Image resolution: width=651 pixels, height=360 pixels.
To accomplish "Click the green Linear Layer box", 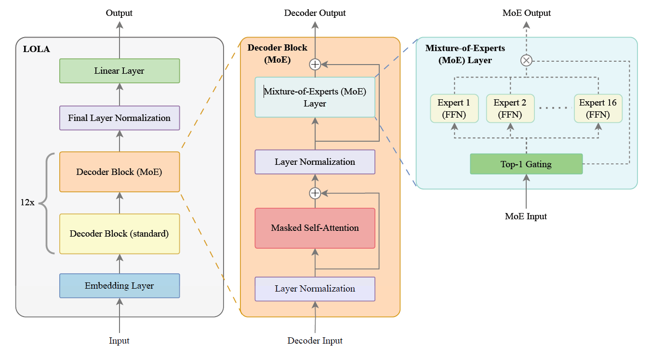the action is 120,71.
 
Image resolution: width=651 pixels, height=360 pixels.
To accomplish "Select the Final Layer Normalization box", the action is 120,118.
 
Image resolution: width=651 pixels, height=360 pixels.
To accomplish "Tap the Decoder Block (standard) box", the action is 120,234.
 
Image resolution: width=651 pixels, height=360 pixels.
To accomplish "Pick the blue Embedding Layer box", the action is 120,286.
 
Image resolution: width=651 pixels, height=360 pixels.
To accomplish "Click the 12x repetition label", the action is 27,202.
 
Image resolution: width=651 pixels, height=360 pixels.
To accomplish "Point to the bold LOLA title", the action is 36,49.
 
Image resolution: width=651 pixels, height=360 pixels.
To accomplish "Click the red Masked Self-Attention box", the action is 315,228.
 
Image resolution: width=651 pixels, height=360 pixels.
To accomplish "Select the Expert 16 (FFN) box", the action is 598,108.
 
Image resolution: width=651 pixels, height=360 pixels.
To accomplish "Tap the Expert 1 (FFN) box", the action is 454,108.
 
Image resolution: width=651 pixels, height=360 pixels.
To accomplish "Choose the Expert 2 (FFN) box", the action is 510,108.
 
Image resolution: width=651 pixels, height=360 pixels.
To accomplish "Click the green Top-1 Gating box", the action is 526,164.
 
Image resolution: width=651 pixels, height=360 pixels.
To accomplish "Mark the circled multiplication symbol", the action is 526,61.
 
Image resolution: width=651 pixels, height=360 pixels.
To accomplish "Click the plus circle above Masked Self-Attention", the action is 315,193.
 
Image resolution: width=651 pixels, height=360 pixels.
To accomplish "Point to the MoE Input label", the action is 526,216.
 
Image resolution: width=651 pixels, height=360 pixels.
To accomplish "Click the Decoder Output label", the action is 315,13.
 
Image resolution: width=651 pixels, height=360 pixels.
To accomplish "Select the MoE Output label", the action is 526,13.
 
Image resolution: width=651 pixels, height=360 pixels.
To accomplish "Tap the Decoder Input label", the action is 315,341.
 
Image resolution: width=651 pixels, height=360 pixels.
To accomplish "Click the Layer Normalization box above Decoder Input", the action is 315,289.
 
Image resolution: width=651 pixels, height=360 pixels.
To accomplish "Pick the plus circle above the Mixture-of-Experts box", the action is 315,65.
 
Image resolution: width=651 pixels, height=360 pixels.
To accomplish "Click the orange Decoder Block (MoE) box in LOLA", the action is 120,172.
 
